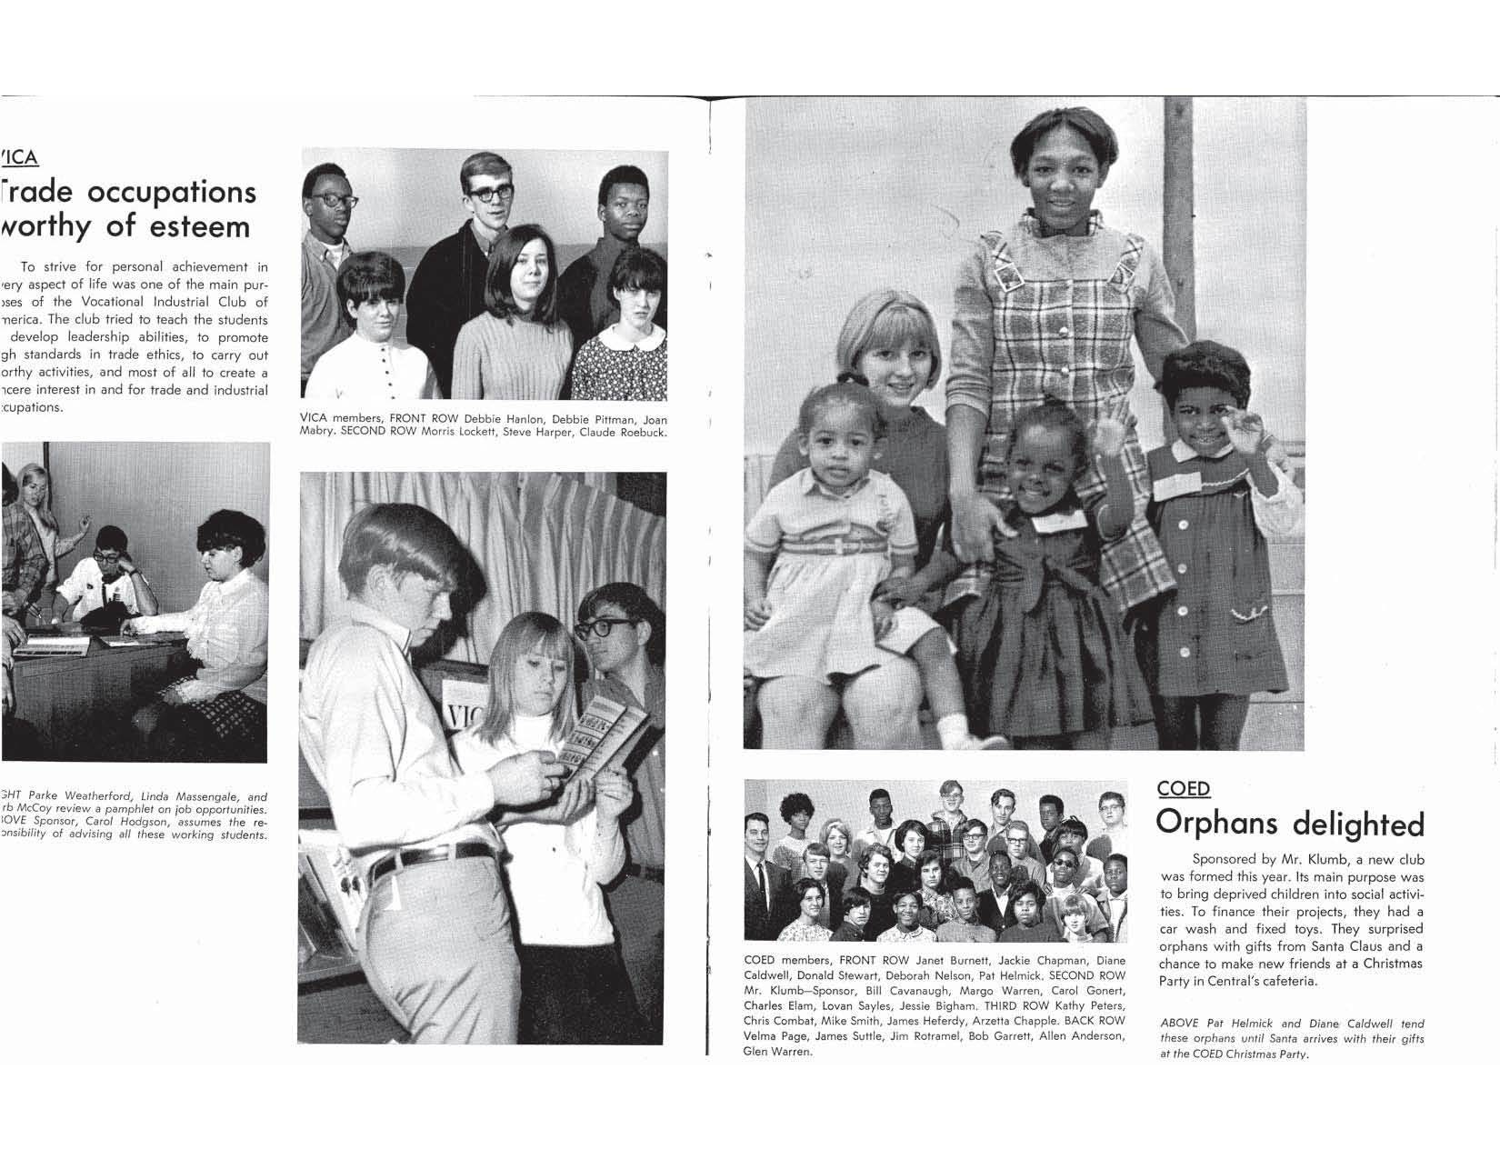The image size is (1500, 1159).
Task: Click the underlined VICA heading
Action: pos(19,157)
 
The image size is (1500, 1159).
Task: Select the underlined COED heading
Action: pos(1183,788)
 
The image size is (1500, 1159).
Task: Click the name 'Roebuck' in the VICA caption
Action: pos(639,433)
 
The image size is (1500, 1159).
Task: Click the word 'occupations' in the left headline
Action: pos(172,192)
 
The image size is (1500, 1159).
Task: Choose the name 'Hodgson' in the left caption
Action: pos(136,822)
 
